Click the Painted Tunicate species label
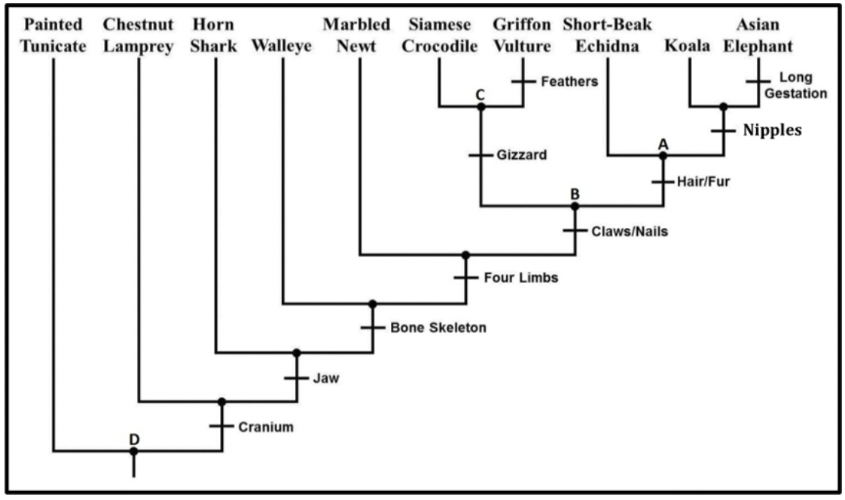pyautogui.click(x=53, y=35)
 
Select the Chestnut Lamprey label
pyautogui.click(x=139, y=35)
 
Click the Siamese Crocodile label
pyautogui.click(x=440, y=35)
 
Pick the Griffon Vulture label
pyautogui.click(x=523, y=35)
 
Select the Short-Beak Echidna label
pyautogui.click(x=607, y=35)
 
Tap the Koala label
pyautogui.click(x=688, y=47)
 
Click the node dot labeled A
pyautogui.click(x=663, y=156)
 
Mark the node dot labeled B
pyautogui.click(x=575, y=206)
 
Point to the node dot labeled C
pyautogui.click(x=481, y=106)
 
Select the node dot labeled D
pyautogui.click(x=133, y=451)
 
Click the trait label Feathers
pyautogui.click(x=569, y=81)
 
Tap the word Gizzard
pyautogui.click(x=522, y=156)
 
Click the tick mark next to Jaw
pyautogui.click(x=296, y=378)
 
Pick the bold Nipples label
pyautogui.click(x=772, y=130)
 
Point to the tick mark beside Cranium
pyautogui.click(x=221, y=426)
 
